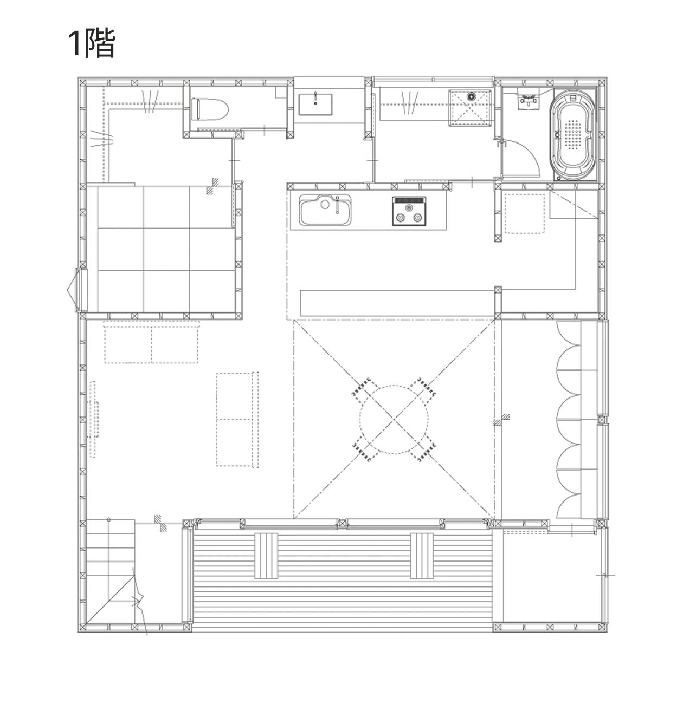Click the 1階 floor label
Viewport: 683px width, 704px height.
click(x=92, y=43)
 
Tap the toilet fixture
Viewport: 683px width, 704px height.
click(x=210, y=109)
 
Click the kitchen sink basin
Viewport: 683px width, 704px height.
click(x=325, y=210)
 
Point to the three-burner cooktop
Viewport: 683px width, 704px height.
click(x=409, y=211)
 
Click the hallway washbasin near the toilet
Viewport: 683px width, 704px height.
click(x=315, y=104)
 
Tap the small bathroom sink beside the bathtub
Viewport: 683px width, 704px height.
click(x=529, y=99)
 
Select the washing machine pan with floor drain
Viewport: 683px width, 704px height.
click(x=470, y=108)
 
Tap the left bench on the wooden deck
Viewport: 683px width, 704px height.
click(x=266, y=556)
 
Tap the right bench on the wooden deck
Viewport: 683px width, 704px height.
click(x=422, y=556)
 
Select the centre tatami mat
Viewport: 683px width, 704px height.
click(x=166, y=249)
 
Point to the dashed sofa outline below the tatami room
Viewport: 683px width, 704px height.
click(x=151, y=342)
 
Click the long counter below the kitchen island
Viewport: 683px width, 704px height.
click(x=398, y=303)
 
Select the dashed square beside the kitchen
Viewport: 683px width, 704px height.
click(x=525, y=213)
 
